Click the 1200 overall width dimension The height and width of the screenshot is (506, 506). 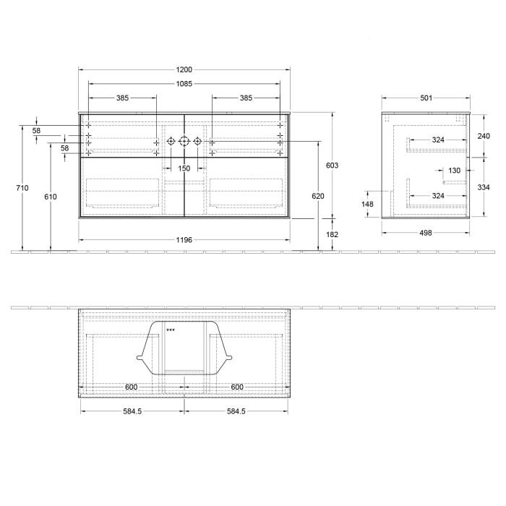coord(184,69)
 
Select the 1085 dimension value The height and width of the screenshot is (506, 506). coord(184,84)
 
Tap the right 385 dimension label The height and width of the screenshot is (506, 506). coord(246,98)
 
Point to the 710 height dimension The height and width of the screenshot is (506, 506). coord(22,188)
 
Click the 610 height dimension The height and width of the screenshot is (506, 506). coord(50,197)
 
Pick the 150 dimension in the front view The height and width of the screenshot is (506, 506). coord(184,168)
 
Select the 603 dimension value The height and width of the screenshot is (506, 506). coord(333,166)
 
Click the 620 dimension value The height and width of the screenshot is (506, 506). coord(318,196)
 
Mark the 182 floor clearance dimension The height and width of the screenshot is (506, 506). coord(333,234)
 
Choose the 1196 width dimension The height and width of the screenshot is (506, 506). coord(184,240)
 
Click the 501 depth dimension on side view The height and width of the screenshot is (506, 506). coord(426,98)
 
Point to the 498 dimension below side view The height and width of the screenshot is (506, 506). coord(426,233)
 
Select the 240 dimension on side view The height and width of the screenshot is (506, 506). coord(484,136)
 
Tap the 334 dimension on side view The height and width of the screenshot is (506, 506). coord(484,186)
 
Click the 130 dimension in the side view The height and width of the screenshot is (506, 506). coord(454,171)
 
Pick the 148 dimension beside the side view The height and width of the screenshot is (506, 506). coord(368,204)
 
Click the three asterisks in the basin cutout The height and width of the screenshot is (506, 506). coord(171,330)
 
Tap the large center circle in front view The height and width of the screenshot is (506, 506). coord(184,141)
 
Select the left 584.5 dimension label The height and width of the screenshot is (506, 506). coord(132,411)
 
